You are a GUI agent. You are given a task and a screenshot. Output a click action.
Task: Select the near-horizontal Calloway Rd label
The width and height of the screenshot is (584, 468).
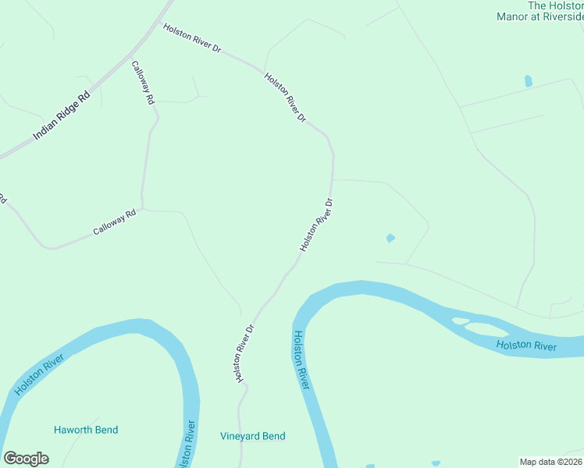115,222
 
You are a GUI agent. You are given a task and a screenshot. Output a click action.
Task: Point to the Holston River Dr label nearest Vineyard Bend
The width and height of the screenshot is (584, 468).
243,353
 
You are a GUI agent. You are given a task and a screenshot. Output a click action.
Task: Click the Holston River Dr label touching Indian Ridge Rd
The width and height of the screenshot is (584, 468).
192,38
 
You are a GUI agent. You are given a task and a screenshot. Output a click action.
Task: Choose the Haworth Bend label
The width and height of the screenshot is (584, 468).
86,430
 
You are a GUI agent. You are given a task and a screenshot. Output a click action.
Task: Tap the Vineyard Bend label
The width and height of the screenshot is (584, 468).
252,437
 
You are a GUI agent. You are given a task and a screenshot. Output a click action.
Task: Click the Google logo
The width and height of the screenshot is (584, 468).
26,459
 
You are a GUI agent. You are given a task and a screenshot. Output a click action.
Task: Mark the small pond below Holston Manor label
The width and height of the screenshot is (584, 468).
529,80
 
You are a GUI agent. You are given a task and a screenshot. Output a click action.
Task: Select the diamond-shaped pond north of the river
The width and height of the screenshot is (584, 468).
390,238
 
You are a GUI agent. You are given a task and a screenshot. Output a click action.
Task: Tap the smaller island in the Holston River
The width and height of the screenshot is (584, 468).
460,321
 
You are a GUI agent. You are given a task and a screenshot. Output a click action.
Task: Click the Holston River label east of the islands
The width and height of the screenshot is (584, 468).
526,345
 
